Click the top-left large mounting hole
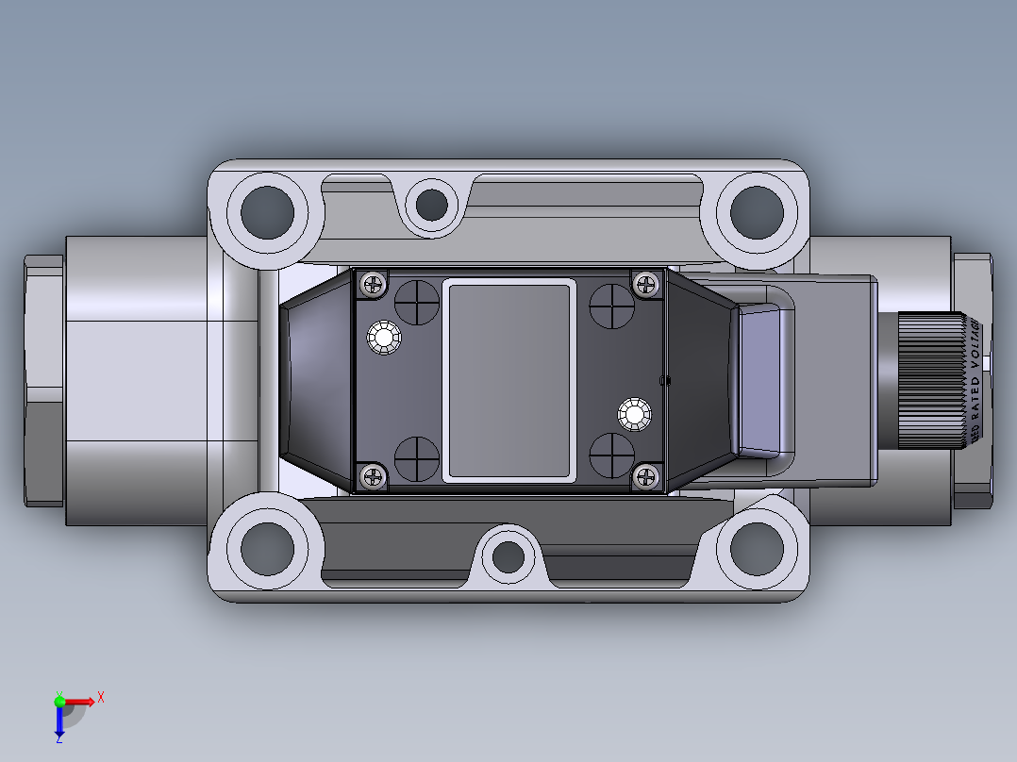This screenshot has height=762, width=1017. click(x=266, y=212)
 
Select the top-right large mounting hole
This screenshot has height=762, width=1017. click(x=756, y=212)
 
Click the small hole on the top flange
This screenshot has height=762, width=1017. click(x=432, y=204)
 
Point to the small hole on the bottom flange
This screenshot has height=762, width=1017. click(x=509, y=556)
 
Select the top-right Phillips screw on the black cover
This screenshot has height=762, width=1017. click(x=646, y=283)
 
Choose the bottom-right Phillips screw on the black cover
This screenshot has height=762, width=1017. click(x=646, y=477)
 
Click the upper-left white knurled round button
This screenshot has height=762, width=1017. click(x=384, y=338)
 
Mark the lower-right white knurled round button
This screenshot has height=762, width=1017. click(x=635, y=414)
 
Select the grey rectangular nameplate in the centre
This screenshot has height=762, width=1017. click(x=510, y=380)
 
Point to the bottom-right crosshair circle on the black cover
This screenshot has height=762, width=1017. click(x=611, y=456)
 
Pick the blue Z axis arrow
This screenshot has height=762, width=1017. click(x=59, y=722)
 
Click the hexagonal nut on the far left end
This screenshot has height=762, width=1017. click(x=43, y=381)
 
